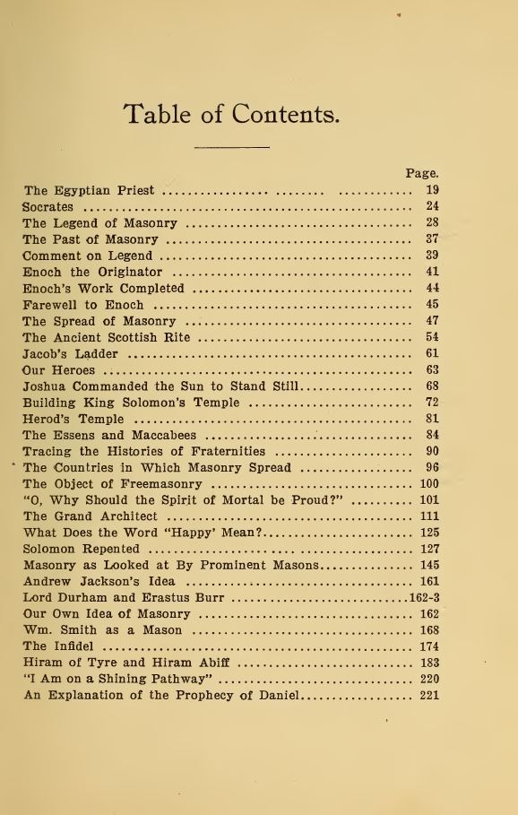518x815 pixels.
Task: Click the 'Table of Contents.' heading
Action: point(231,115)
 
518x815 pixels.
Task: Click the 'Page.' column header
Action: point(421,173)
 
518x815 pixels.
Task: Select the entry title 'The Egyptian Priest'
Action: point(89,190)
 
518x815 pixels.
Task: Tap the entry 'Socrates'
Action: point(47,206)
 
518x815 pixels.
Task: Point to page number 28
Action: point(432,222)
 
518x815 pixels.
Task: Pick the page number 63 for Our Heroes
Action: point(432,369)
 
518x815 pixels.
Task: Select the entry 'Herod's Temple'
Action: point(73,419)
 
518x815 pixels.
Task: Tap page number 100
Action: point(429,484)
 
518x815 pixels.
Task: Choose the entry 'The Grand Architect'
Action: point(91,516)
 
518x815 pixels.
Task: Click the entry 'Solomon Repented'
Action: point(81,549)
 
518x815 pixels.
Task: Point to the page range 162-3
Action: point(424,598)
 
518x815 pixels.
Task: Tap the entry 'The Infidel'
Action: point(60,646)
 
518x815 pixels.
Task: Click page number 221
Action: point(429,695)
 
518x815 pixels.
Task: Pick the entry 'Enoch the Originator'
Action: point(92,272)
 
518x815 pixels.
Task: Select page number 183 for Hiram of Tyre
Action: point(429,663)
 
